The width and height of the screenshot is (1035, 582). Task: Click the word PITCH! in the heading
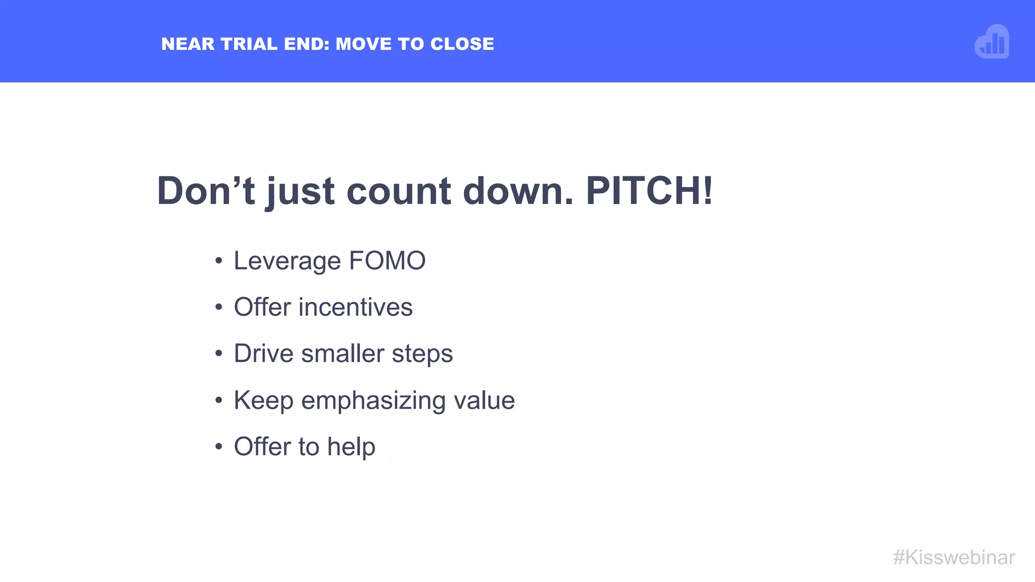coord(649,191)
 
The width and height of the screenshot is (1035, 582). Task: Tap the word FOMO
coord(387,261)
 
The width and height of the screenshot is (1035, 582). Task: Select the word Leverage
coord(287,262)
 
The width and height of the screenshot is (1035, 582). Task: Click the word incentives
coord(356,307)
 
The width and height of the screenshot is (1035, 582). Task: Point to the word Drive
coord(263,353)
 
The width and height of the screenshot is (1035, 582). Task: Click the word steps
coord(422,354)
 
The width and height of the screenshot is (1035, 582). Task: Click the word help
coord(351,447)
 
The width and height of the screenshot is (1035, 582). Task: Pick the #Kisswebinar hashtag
coord(954,557)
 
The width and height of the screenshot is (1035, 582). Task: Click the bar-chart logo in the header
coord(992,42)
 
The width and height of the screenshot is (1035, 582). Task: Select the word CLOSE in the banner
coord(462,44)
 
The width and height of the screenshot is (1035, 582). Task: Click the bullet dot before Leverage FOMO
coord(218,261)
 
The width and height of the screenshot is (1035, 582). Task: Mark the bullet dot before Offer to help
coord(218,447)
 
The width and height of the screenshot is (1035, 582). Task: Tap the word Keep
coord(263,401)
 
